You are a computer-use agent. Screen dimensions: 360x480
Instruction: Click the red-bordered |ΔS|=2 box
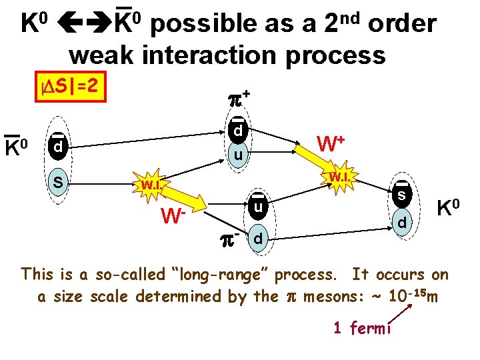click(x=70, y=86)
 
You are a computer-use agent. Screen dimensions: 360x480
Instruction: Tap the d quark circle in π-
click(x=259, y=237)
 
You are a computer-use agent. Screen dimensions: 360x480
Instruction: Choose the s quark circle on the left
click(x=59, y=181)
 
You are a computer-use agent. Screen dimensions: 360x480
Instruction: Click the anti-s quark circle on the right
click(x=402, y=195)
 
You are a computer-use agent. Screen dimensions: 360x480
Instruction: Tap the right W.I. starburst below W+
click(x=339, y=177)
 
